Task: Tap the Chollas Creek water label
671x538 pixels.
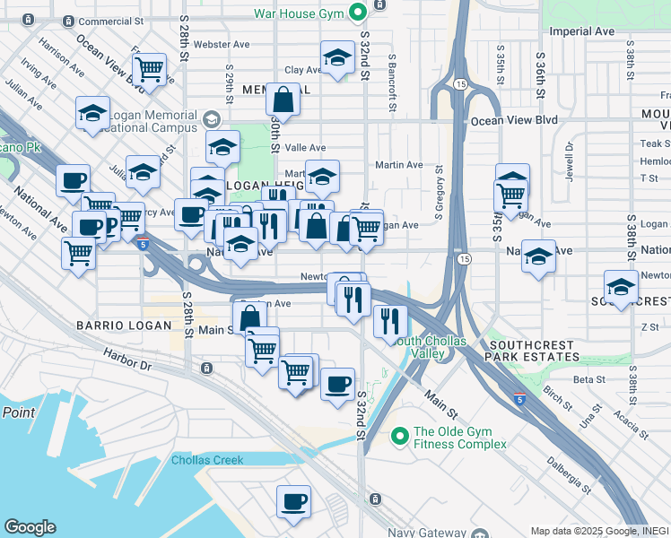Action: tap(207, 461)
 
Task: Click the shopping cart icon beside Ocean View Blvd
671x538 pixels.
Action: tap(150, 68)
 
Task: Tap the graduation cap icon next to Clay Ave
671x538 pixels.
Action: tap(336, 59)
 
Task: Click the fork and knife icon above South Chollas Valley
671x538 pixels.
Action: tap(390, 319)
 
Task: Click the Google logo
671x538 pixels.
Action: tap(30, 527)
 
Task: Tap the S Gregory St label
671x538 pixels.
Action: tap(440, 193)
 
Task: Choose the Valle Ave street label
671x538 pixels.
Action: tap(304, 148)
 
